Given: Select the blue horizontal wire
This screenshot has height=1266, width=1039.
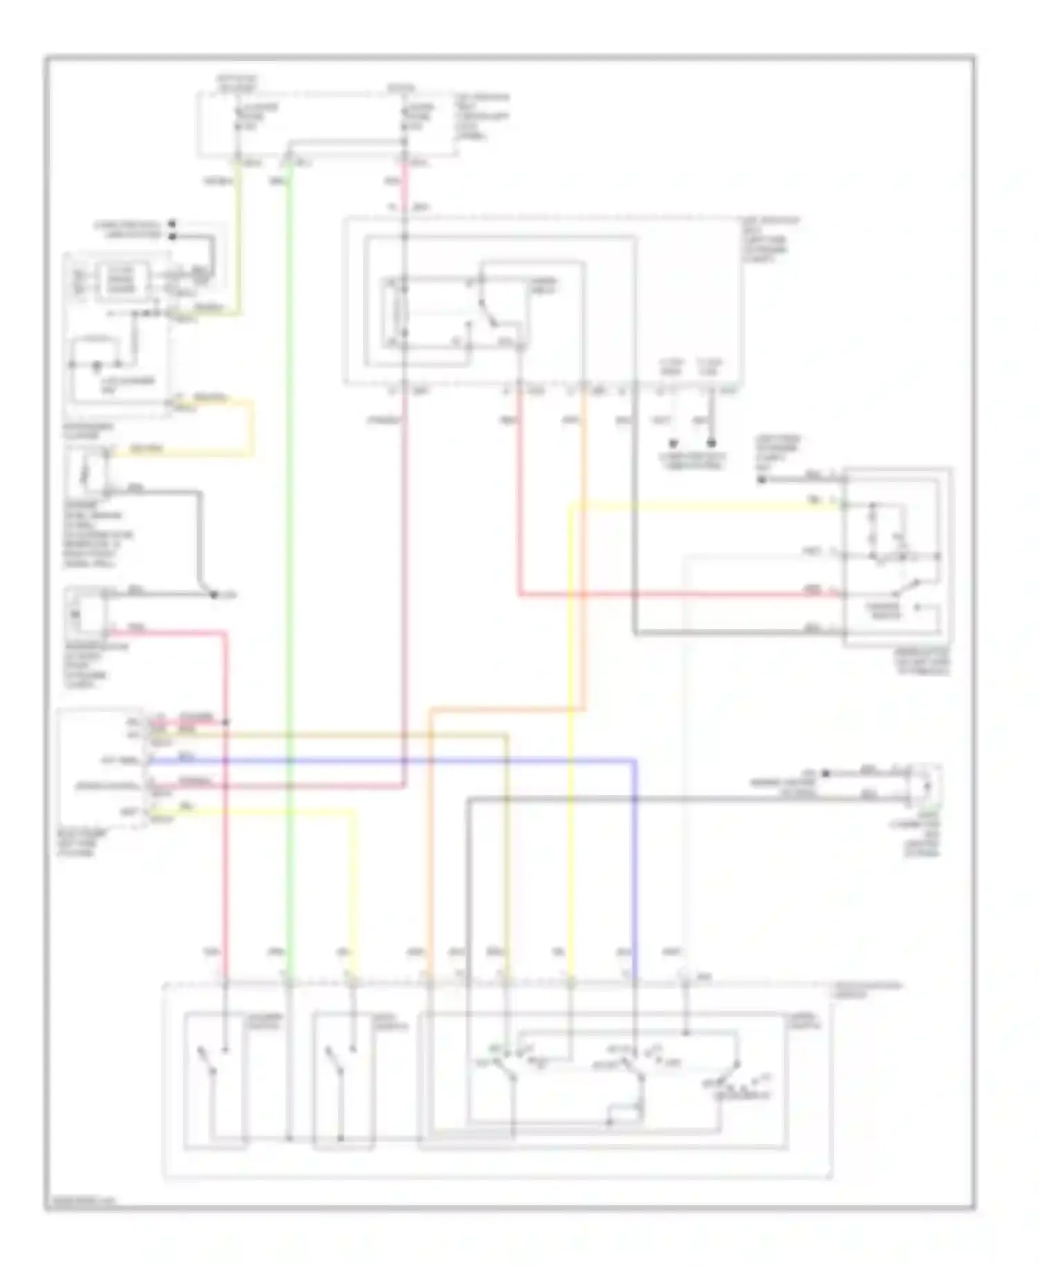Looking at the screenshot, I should tap(416, 760).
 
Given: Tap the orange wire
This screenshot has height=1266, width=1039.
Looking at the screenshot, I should tap(429, 831).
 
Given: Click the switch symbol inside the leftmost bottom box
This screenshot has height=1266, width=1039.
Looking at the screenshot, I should tap(208, 1067).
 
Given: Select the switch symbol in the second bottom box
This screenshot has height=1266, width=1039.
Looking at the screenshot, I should tap(335, 1067).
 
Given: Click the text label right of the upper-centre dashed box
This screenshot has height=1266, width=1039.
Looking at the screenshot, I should tap(769, 240).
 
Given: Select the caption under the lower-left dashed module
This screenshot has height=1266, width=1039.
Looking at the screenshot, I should tap(82, 844).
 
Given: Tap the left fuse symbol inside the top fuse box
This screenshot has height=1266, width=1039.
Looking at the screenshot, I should tap(238, 118).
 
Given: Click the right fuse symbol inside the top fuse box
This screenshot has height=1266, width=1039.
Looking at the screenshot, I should tap(405, 118).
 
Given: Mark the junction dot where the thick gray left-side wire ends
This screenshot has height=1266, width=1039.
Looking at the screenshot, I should tap(213, 594).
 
